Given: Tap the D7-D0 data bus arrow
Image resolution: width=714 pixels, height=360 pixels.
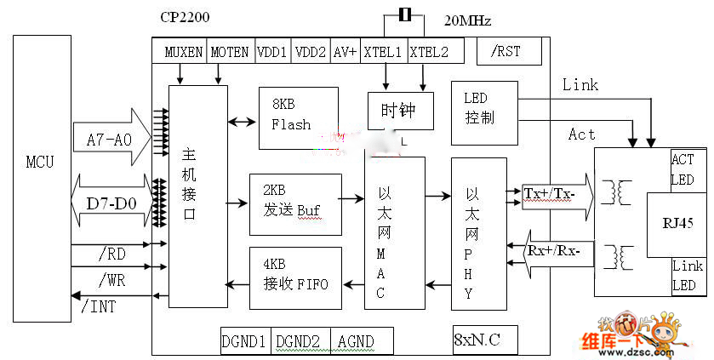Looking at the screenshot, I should click(111, 204).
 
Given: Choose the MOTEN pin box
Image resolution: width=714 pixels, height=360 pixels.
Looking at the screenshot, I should click(230, 51).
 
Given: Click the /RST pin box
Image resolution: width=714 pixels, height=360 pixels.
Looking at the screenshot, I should click(506, 51).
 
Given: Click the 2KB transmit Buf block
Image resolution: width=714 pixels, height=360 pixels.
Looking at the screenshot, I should click(294, 205).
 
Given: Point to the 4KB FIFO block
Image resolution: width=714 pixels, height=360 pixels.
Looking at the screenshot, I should click(294, 277).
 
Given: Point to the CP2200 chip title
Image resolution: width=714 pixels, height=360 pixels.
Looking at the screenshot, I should click(186, 16).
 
